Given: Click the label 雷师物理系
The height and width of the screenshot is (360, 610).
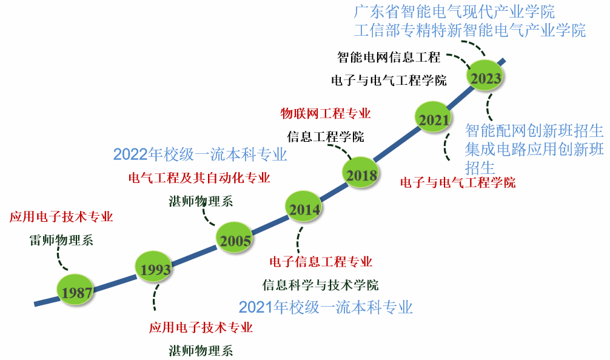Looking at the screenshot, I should (61, 240).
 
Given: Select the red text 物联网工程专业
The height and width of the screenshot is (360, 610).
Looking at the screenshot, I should (325, 113).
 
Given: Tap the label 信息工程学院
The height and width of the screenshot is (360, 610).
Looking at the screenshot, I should (325, 136).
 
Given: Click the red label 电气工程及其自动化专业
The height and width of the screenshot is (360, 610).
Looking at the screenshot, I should (199, 178).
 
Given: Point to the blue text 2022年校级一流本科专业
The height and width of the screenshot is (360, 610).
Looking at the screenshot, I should (200, 155).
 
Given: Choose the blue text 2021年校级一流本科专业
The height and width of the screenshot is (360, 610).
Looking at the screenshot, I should (326, 307).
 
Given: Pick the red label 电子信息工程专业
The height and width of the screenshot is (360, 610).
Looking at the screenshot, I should (321, 262).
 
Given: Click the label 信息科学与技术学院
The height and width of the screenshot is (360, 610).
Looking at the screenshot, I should (320, 284).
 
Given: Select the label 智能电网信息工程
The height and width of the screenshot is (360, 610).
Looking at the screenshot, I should (389, 58).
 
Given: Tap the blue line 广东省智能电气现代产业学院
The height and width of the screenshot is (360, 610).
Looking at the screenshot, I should (454, 12).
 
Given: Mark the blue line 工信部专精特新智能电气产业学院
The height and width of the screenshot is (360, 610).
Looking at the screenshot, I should (469, 30).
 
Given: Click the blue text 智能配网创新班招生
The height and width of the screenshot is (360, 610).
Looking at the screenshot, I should (534, 130).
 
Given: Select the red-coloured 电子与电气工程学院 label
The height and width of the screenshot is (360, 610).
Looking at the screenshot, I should (458, 182).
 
